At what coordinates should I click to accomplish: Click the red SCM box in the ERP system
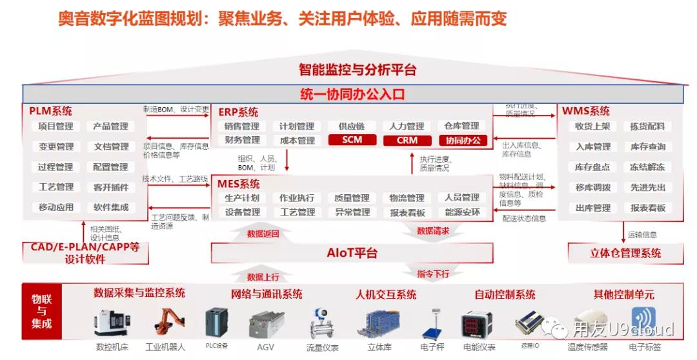coord(352,140)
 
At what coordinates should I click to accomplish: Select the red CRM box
coord(407,140)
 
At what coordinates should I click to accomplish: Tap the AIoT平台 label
coord(352,253)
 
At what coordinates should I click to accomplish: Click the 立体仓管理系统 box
coord(625,253)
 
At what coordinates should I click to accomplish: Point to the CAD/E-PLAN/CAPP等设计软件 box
coord(85,253)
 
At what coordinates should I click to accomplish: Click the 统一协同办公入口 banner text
coord(352,94)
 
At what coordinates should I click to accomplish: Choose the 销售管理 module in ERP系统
coord(242,126)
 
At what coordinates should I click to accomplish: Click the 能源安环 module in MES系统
coord(462,212)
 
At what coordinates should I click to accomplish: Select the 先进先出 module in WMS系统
coord(647,187)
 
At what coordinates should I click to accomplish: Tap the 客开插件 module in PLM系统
coord(111,187)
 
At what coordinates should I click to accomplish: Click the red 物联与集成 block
coord(42,311)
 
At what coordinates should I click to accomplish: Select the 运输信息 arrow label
coord(641,235)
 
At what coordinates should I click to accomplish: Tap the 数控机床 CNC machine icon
coord(112,324)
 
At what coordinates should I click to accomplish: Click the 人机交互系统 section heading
coord(386,295)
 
